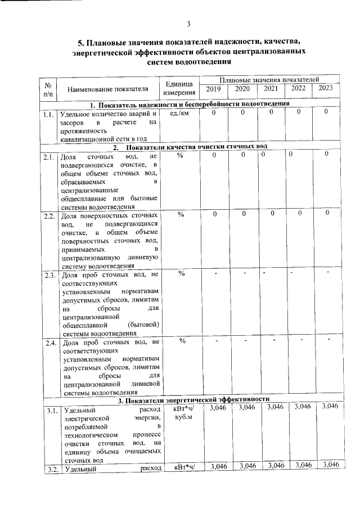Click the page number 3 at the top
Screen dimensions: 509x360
pyautogui.click(x=189, y=23)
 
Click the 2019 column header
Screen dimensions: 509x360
pyautogui.click(x=214, y=88)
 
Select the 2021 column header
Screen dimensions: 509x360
pyautogui.click(x=271, y=88)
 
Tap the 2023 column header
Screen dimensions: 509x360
pyautogui.click(x=325, y=88)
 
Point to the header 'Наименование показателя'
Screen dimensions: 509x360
pyautogui.click(x=108, y=89)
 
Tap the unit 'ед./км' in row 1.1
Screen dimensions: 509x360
pyautogui.click(x=180, y=114)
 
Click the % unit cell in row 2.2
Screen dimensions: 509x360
pyautogui.click(x=181, y=214)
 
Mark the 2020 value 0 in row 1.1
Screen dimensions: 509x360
pyautogui.click(x=243, y=113)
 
